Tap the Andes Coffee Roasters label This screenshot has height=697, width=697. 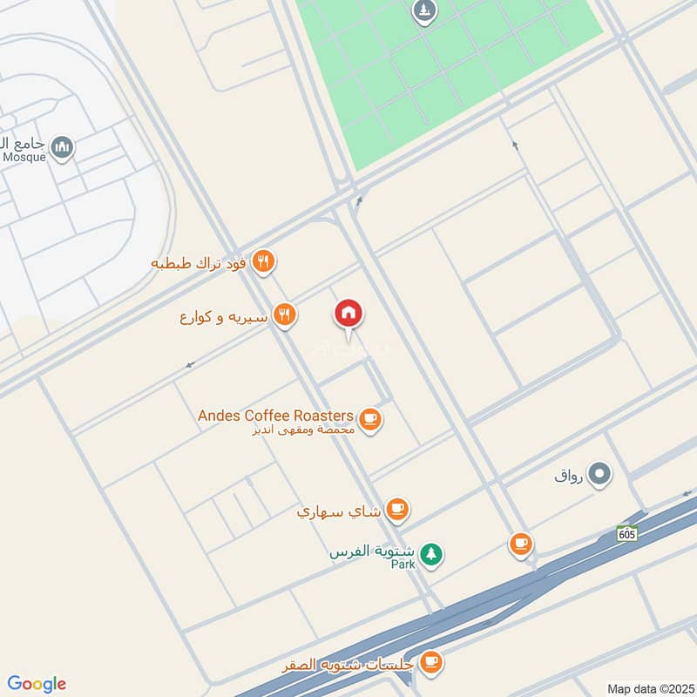tap(275, 416)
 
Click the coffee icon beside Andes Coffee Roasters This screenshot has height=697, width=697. tap(371, 420)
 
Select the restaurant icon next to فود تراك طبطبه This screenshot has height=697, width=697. tap(263, 261)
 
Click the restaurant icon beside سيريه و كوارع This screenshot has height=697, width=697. tap(284, 315)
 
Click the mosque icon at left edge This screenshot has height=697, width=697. tap(62, 148)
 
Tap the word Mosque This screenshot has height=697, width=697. tap(24, 158)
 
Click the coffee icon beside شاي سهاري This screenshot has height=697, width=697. tap(397, 510)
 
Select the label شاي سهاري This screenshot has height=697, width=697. tap(338, 511)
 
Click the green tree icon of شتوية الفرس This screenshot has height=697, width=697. tap(430, 553)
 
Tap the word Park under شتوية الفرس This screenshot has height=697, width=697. tap(403, 565)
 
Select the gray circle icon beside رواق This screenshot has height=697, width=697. tap(599, 475)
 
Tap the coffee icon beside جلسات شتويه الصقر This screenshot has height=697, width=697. tap(430, 663)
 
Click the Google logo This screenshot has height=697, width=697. tap(37, 684)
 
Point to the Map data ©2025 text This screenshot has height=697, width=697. tap(649, 688)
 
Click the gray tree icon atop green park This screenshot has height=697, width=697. tap(424, 11)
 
